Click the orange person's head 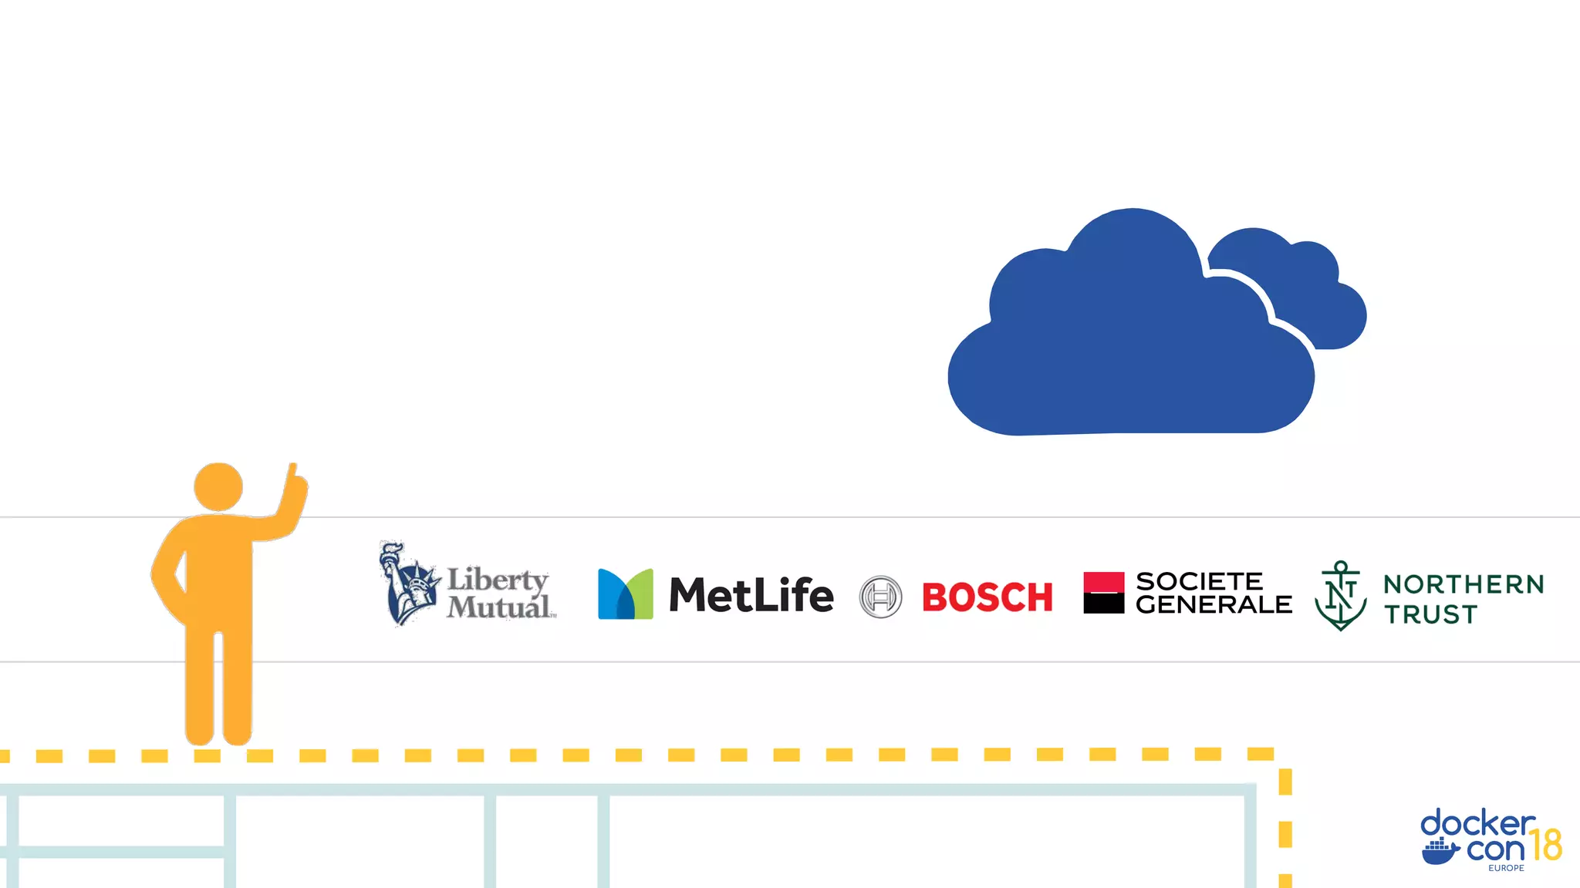218,486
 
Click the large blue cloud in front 1126,347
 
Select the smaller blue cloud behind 1312,293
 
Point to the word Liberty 498,580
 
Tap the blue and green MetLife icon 625,594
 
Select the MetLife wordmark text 751,595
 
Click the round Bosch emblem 880,597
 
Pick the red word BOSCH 987,597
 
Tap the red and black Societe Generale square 1103,593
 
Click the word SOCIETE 1199,581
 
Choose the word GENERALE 1214,605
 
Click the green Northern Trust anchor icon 1341,595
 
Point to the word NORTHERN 1464,584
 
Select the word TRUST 1430,614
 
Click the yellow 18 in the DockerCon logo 1545,845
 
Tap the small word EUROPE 1506,868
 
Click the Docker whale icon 1440,852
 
